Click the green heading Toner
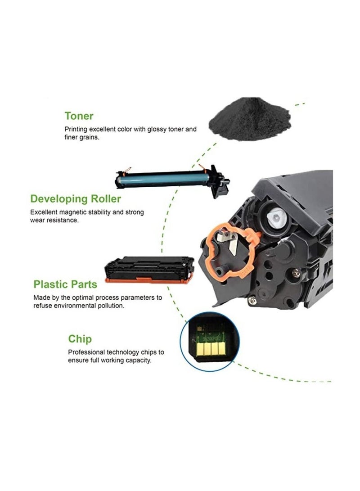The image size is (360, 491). [x=79, y=116]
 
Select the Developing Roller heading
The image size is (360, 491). [x=76, y=198]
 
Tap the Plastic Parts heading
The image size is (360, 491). [x=65, y=284]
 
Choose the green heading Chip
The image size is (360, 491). [x=80, y=338]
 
